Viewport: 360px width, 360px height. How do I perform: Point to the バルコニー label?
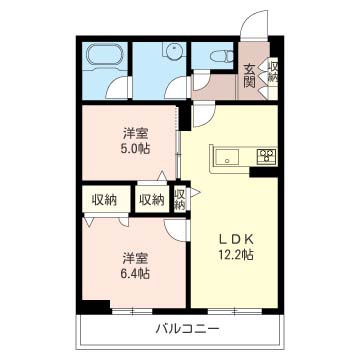[180, 328]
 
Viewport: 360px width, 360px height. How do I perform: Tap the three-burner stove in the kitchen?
[266, 155]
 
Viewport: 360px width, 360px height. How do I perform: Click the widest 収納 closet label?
[103, 199]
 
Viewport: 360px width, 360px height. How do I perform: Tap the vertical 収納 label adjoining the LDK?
[179, 199]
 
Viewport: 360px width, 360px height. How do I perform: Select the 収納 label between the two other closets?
[151, 199]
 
